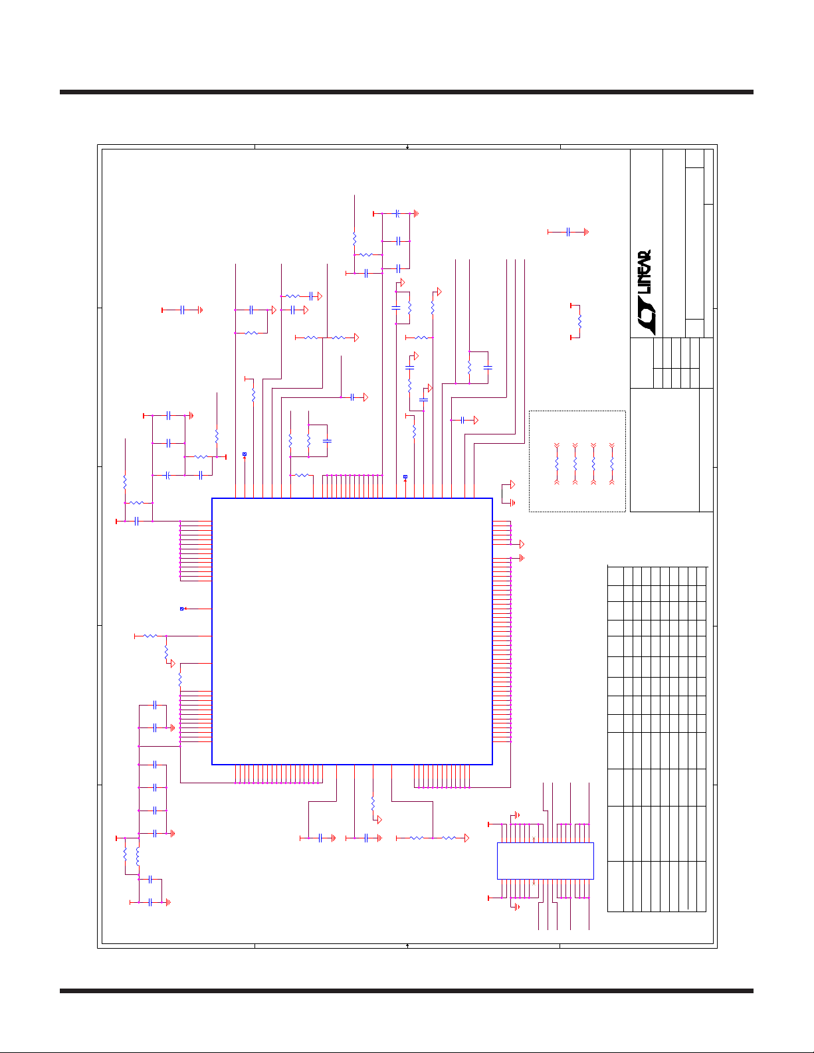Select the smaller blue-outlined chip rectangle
pos(545,861)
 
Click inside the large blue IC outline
pos(352,631)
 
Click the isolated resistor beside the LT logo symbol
pos(579,322)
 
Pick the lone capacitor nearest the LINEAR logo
pos(568,232)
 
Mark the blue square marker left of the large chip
pos(181,609)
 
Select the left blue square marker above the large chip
pos(245,454)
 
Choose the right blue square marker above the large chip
pos(405,476)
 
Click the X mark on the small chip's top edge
pos(535,840)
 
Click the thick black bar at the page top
pos(407,92)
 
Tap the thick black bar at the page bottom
pos(407,991)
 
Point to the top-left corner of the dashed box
pos(530,411)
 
